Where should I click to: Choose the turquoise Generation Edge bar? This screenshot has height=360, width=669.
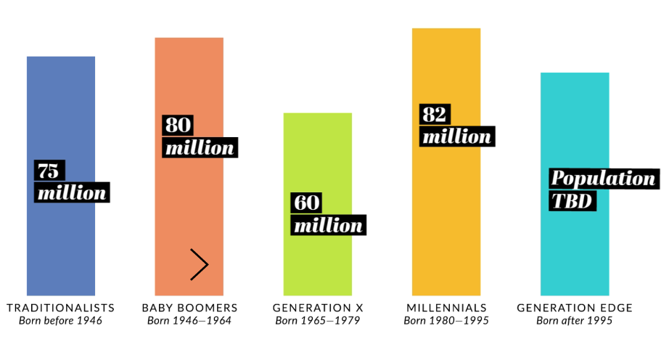coord(575,247)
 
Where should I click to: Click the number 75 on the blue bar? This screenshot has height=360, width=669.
coord(49,171)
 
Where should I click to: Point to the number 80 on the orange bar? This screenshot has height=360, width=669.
coord(178,125)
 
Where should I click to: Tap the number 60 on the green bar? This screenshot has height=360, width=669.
coord(307,202)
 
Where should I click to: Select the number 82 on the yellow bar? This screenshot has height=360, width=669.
coord(435,114)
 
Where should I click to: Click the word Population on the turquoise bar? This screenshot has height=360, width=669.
coord(603,179)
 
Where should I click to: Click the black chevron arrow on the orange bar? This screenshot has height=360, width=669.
coord(200,264)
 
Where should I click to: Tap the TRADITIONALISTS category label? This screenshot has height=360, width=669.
coord(61,308)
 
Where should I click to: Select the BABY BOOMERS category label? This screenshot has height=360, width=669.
coord(189,308)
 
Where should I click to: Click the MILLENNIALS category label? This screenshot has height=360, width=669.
coord(446,308)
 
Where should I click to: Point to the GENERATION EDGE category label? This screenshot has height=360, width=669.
coord(575,308)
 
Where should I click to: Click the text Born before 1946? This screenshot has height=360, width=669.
coord(61,321)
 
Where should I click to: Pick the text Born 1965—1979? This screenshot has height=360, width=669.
coord(318,321)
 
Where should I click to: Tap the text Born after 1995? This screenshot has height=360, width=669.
coord(575,321)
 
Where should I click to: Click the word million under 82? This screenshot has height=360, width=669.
coord(456,136)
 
